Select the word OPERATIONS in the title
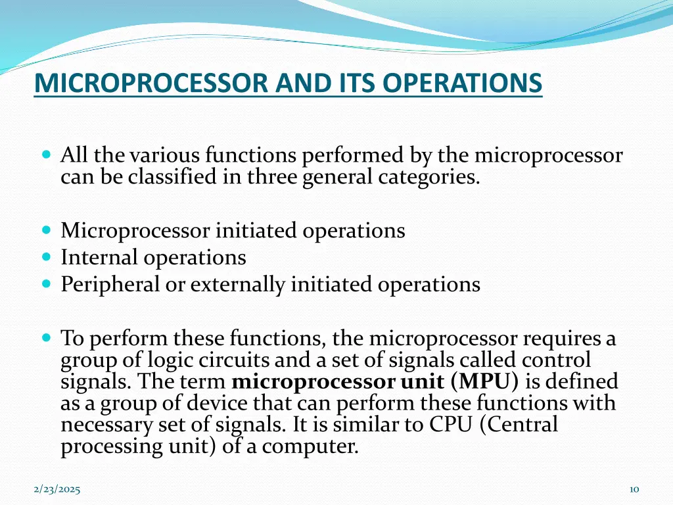coord(463,84)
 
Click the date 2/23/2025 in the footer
coord(57,489)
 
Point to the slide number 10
coord(634,489)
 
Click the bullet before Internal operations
coord(46,257)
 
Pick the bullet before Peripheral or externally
coord(46,284)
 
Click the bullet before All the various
coord(46,156)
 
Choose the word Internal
coord(100,257)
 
